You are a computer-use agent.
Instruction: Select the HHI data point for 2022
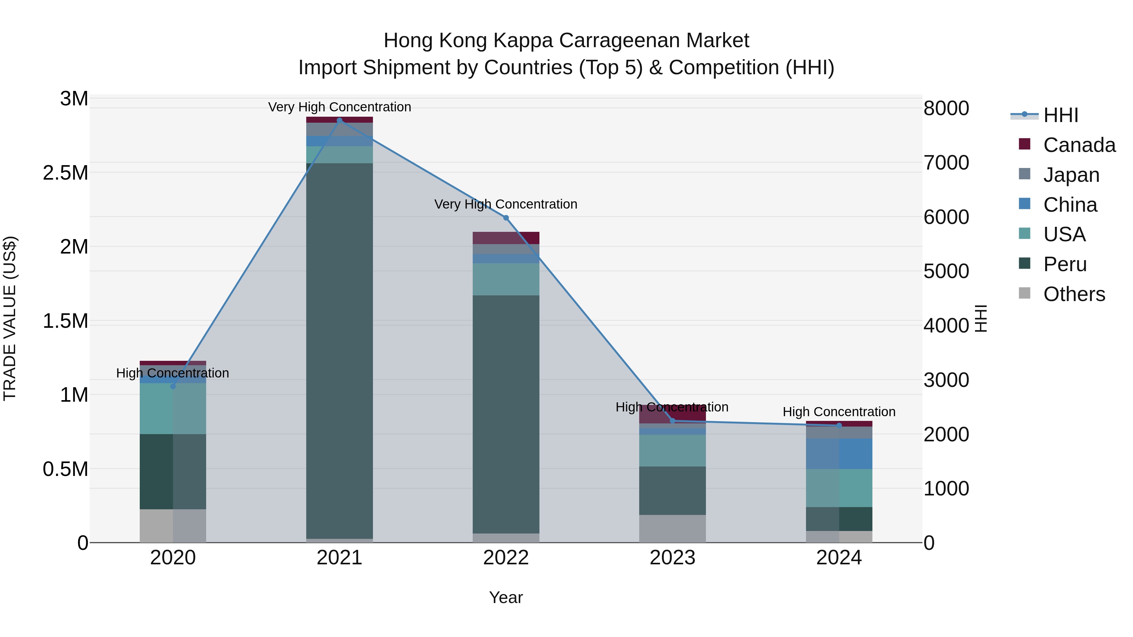click(x=506, y=218)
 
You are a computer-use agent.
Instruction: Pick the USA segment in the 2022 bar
click(x=506, y=279)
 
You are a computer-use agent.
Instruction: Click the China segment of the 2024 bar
click(x=839, y=454)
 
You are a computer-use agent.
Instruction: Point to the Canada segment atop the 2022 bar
click(x=506, y=238)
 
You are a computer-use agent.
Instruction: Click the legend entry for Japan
click(x=1071, y=175)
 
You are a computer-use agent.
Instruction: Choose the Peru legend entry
click(x=1064, y=264)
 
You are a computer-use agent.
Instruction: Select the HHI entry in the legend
click(x=1060, y=115)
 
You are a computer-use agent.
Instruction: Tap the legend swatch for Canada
click(x=1024, y=144)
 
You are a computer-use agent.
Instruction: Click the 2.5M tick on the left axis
click(x=65, y=173)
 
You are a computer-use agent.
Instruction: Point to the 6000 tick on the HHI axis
click(x=946, y=217)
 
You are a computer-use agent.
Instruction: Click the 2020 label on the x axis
click(x=173, y=558)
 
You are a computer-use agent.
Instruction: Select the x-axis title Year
click(x=506, y=597)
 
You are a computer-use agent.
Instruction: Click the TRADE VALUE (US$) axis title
click(x=10, y=318)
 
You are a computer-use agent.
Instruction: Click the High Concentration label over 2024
click(x=839, y=411)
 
